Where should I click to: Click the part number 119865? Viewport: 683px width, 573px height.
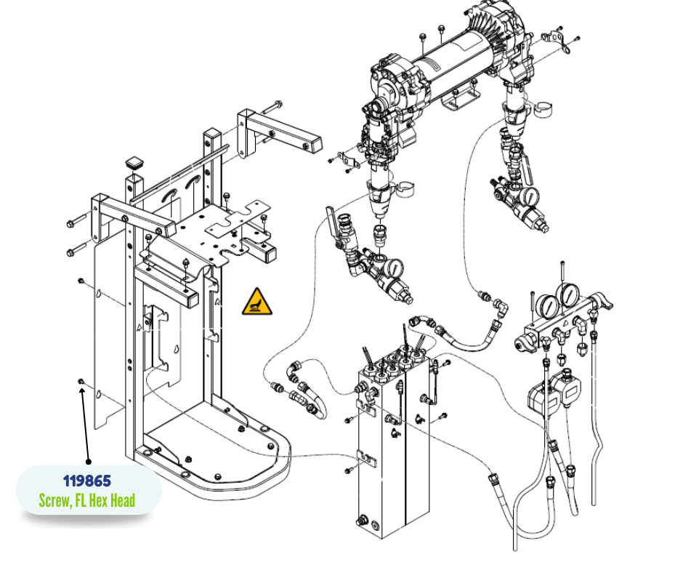click(x=87, y=481)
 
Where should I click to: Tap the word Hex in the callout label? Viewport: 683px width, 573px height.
click(x=101, y=500)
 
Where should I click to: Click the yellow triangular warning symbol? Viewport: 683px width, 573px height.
click(x=258, y=301)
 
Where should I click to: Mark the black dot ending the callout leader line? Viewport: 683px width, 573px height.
click(x=89, y=461)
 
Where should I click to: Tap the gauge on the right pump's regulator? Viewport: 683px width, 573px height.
click(x=530, y=196)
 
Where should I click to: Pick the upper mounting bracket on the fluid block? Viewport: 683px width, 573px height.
click(x=366, y=411)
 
